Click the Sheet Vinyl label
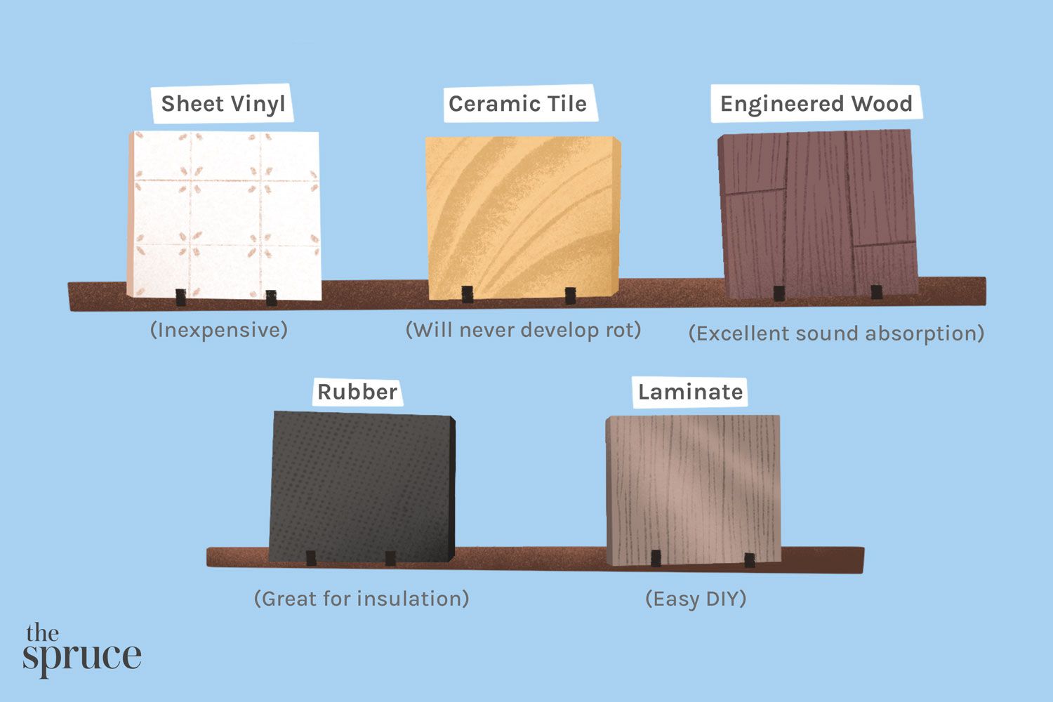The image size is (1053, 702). click(x=223, y=104)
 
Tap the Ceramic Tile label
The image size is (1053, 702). click(x=517, y=104)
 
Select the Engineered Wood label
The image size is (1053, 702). click(x=816, y=104)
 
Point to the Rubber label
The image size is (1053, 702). click(x=357, y=392)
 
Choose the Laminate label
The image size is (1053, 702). click(x=690, y=392)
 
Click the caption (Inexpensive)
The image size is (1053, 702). click(x=219, y=330)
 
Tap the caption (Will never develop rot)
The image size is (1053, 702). click(x=524, y=330)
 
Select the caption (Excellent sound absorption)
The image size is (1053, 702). click(x=836, y=333)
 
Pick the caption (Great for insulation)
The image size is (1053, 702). click(x=362, y=599)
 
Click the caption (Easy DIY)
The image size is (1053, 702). click(x=696, y=599)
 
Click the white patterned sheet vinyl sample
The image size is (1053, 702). click(x=225, y=214)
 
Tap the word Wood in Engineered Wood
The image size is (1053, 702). click(x=882, y=104)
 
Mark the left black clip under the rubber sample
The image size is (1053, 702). click(x=311, y=558)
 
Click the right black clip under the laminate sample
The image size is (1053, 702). click(x=750, y=560)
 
